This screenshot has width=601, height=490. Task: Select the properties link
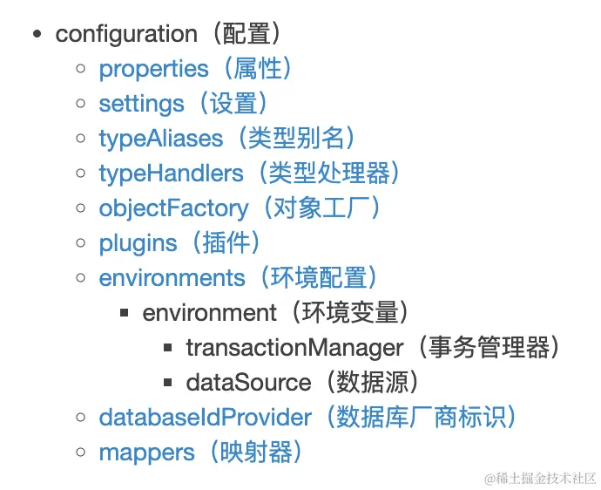pyautogui.click(x=154, y=69)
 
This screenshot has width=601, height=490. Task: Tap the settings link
pyautogui.click(x=142, y=104)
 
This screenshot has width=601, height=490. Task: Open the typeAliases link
pyautogui.click(x=161, y=139)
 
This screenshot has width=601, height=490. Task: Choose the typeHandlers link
pyautogui.click(x=171, y=174)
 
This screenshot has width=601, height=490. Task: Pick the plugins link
pyautogui.click(x=138, y=243)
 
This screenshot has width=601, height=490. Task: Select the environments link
pyautogui.click(x=172, y=278)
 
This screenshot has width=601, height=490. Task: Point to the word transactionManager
pyautogui.click(x=294, y=348)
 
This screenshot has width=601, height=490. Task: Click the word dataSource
pyautogui.click(x=248, y=383)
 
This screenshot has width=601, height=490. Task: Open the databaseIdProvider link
pyautogui.click(x=205, y=418)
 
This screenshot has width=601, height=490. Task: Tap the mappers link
pyautogui.click(x=146, y=453)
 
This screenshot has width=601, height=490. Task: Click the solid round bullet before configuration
pyautogui.click(x=37, y=35)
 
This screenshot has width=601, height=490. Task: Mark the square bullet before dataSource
pyautogui.click(x=168, y=383)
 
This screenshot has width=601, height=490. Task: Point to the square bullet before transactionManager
pyautogui.click(x=168, y=348)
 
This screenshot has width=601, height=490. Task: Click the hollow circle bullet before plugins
pyautogui.click(x=81, y=243)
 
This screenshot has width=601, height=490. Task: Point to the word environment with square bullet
pyautogui.click(x=209, y=313)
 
